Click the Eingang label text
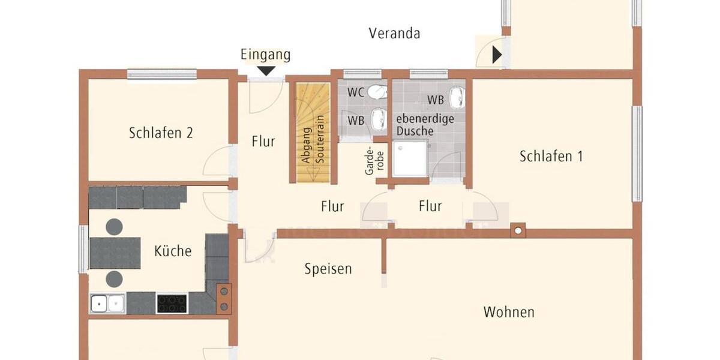pyautogui.click(x=265, y=55)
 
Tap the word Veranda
pyautogui.click(x=394, y=33)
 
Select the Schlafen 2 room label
pyautogui.click(x=161, y=133)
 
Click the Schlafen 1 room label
pyautogui.click(x=551, y=157)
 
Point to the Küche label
pyautogui.click(x=173, y=251)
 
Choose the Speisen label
pyautogui.click(x=328, y=268)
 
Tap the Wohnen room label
pyautogui.click(x=509, y=312)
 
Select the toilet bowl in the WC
pyautogui.click(x=377, y=92)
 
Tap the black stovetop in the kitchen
pyautogui.click(x=172, y=303)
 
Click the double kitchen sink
pyautogui.click(x=107, y=304)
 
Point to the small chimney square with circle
pyautogui.click(x=518, y=230)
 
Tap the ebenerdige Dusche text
pyautogui.click(x=425, y=124)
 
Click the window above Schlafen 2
pyautogui.click(x=161, y=74)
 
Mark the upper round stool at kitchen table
pyautogui.click(x=115, y=226)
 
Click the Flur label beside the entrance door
pyautogui.click(x=263, y=142)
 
